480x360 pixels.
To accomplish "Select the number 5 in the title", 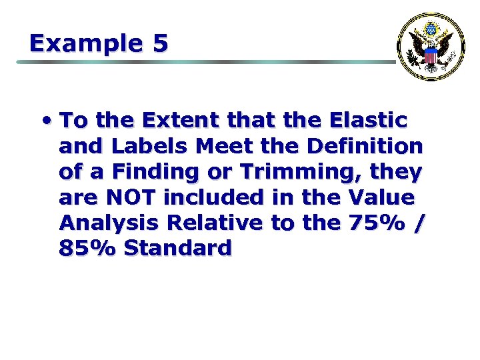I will [160, 43].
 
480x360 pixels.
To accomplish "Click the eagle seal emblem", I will [431, 46].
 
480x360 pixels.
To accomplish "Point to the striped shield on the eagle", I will [431, 57].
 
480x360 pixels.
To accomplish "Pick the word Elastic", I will [368, 121].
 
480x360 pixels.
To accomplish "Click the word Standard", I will [178, 248].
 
